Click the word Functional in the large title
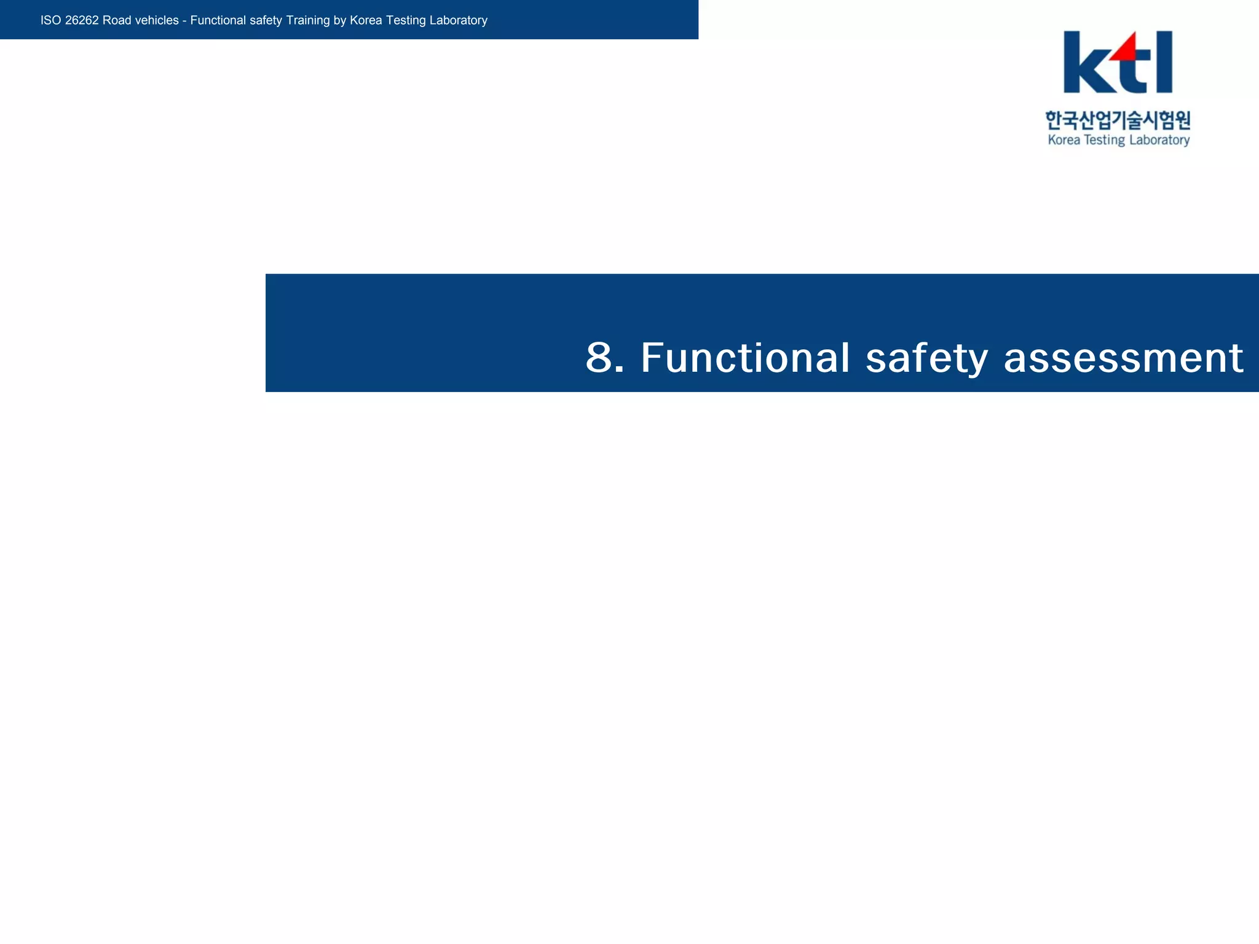pyautogui.click(x=745, y=358)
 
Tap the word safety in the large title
pyautogui.click(x=926, y=358)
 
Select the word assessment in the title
pyautogui.click(x=1123, y=358)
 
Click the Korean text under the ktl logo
pyautogui.click(x=1118, y=120)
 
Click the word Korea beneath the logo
pyautogui.click(x=1064, y=140)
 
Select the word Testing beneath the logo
pyautogui.click(x=1104, y=140)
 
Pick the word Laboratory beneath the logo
pyautogui.click(x=1159, y=140)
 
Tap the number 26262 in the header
pyautogui.click(x=82, y=20)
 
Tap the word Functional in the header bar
pyautogui.click(x=218, y=20)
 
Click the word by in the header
pyautogui.click(x=340, y=20)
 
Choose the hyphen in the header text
pyautogui.click(x=184, y=20)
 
